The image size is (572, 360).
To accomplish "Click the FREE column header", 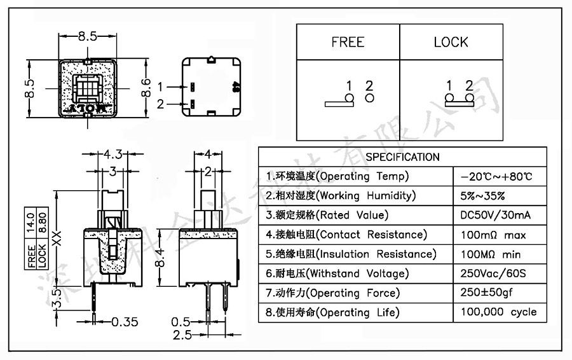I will point(348,43).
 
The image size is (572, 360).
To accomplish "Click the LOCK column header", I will point(451,43).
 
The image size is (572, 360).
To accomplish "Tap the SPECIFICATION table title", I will point(402,157).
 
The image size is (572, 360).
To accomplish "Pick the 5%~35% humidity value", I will point(483,195).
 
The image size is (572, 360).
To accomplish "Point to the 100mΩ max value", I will point(493,235).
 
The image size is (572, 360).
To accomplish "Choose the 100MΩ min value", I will point(491,254).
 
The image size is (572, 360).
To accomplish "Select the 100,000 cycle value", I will point(498,312).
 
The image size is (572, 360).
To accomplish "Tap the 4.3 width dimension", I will point(113,154).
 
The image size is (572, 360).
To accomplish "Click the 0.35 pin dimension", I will point(125,322).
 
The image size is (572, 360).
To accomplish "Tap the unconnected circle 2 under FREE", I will point(369,99).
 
